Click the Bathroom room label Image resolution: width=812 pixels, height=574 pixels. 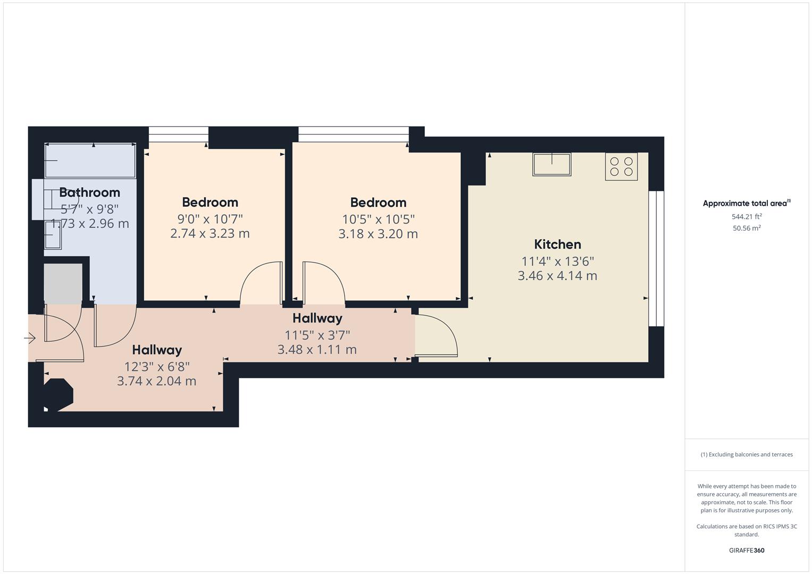point(89,192)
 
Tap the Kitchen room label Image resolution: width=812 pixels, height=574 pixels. point(557,244)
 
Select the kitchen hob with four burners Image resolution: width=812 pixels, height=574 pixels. point(621,166)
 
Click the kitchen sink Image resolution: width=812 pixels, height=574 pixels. point(551,164)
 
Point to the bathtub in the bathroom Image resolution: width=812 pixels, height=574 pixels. point(90,161)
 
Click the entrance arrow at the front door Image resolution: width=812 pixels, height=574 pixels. point(30,337)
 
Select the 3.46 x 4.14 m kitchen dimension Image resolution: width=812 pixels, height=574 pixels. point(557,276)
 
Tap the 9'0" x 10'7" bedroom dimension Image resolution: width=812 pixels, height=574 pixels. point(210,218)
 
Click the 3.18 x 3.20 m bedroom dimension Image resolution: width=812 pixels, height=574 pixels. point(378,234)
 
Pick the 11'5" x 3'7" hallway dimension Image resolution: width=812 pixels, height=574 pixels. point(317,335)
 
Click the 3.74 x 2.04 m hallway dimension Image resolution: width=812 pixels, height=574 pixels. point(156,381)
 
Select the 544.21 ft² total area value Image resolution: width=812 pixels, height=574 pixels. point(747,217)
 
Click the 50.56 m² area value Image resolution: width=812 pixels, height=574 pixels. point(747,228)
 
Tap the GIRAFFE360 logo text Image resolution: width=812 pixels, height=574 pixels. point(747,550)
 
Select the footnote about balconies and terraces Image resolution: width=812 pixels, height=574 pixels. point(747,454)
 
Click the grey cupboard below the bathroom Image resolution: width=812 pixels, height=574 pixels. point(63,283)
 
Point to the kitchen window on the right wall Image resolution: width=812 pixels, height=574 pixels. point(656,258)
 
